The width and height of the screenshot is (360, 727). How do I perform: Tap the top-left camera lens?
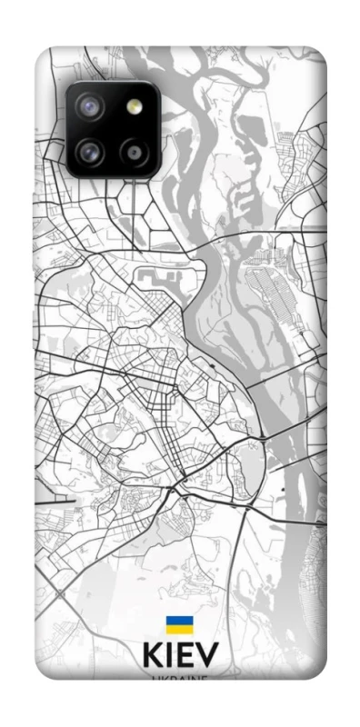[91, 108]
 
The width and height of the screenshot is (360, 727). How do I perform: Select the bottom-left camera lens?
[91, 152]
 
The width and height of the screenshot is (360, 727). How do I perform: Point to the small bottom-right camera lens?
[135, 152]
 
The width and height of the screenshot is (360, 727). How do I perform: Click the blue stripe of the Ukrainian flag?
[179, 621]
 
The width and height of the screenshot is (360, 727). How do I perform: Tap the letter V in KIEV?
[208, 657]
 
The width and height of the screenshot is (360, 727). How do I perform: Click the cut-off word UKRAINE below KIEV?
[180, 676]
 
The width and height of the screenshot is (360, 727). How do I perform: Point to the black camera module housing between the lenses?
[113, 130]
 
